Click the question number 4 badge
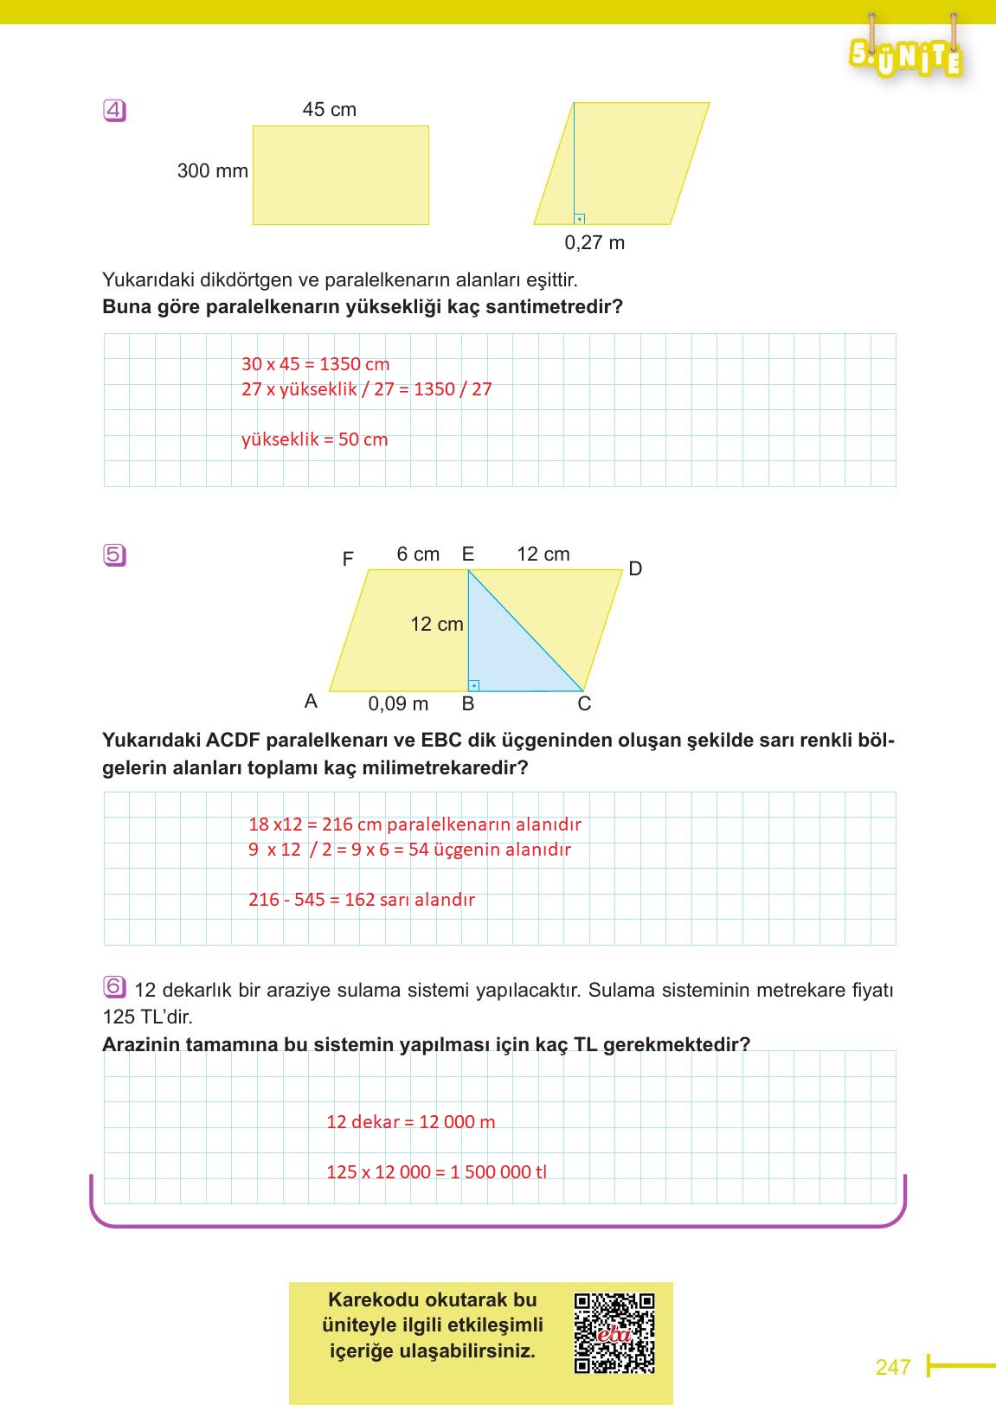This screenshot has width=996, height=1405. (114, 111)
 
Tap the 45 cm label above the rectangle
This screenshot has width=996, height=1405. (329, 110)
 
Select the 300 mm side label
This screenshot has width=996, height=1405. (212, 171)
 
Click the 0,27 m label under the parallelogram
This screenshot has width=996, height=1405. (594, 243)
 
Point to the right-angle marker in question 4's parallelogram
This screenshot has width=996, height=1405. (579, 219)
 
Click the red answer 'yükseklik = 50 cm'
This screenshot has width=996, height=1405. (314, 439)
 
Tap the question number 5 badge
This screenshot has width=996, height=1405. (114, 555)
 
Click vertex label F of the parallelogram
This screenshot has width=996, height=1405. (348, 560)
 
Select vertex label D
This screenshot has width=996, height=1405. (635, 568)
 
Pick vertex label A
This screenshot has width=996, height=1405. (312, 702)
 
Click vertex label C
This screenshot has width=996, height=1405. (584, 704)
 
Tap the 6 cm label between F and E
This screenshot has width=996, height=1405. (418, 555)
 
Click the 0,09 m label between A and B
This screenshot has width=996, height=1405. (398, 704)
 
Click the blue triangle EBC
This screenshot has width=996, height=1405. (502, 649)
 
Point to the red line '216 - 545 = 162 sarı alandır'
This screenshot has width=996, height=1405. (361, 900)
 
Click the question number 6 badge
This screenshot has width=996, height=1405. (114, 987)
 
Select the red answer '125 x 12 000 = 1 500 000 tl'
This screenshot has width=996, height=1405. (436, 1172)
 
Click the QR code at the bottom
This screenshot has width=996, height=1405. (614, 1333)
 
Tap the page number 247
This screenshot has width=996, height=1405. (893, 1367)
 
